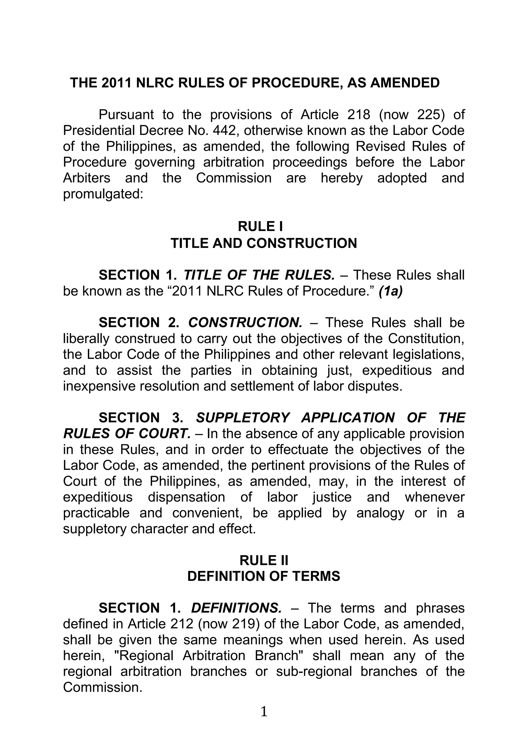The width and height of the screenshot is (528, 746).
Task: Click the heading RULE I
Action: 260,226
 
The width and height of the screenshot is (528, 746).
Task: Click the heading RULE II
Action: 264,561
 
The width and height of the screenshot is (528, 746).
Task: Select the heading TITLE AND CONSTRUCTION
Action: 264,243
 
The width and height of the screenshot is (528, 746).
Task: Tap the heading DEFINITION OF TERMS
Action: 264,577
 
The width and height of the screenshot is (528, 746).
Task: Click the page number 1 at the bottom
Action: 264,711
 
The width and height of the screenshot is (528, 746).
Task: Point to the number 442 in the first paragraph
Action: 226,131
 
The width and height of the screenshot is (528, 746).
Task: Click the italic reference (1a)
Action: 391,291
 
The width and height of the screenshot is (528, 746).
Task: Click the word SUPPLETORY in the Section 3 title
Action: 243,418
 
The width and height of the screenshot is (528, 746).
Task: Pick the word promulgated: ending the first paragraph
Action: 103,194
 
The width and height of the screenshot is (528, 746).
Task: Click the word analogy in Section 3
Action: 380,513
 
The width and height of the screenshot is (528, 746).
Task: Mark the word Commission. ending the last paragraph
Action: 103,688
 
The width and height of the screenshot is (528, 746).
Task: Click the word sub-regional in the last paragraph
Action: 314,672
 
